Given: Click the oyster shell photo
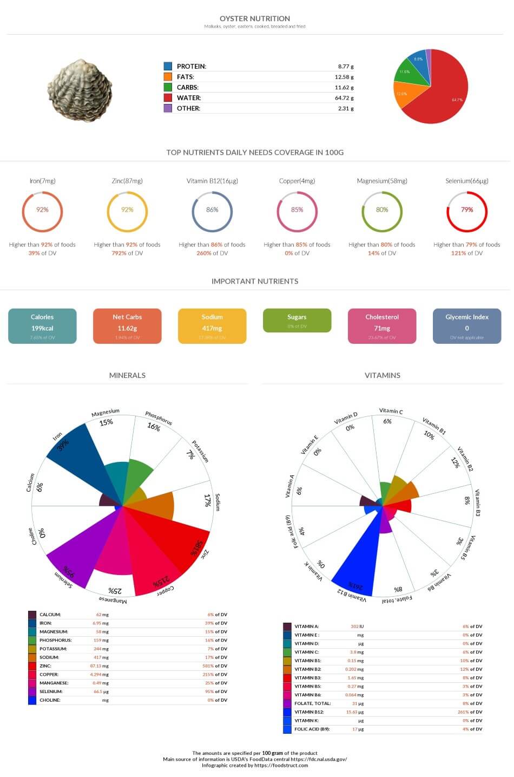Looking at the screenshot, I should coord(80,90).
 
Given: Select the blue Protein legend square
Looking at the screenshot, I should coord(168,66).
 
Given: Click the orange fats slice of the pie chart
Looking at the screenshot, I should coord(404,95).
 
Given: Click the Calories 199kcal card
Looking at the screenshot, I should coord(42,326).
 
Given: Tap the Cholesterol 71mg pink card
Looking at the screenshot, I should coord(382,326).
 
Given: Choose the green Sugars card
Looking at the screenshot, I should coord(297,321).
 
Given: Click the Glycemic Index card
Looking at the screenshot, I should coord(467,326).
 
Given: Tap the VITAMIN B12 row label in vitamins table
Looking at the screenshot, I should coord(309,712).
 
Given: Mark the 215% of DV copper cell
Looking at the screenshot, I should coord(216,675).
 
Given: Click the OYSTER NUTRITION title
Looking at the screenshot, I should coord(255,18).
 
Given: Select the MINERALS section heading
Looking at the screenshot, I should coord(127,375).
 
